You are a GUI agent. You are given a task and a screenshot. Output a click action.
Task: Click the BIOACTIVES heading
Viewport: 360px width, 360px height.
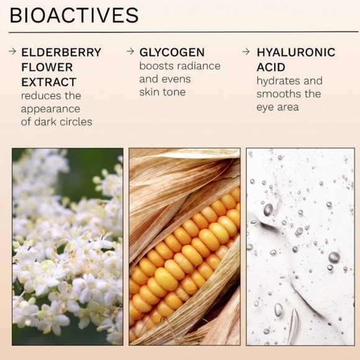tap(74, 15)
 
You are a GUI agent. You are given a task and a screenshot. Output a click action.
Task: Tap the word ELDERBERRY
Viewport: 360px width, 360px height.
tap(61, 52)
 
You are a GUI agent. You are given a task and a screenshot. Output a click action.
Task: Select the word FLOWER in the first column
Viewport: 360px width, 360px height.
tap(47, 67)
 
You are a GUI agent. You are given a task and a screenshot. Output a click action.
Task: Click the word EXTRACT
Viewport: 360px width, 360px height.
tap(48, 82)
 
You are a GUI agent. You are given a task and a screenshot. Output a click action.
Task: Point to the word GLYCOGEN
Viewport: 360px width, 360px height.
tap(172, 52)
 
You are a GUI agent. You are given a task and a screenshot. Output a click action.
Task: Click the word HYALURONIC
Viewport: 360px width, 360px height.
tap(296, 52)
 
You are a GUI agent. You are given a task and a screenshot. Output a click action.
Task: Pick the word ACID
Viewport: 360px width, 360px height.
tap(271, 67)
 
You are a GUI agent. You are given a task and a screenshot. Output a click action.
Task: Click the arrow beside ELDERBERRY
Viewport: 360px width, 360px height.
tap(12, 52)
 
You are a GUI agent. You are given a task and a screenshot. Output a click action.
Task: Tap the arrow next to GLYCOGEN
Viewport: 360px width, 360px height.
tap(130, 51)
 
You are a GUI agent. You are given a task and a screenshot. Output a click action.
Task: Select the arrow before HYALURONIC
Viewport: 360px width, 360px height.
tap(246, 52)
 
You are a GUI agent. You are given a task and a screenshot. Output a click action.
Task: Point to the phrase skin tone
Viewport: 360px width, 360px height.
tap(163, 92)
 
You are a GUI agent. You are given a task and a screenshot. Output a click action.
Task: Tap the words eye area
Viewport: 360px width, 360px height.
tap(277, 107)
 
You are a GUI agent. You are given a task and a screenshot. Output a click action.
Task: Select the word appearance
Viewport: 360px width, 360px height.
tap(50, 109)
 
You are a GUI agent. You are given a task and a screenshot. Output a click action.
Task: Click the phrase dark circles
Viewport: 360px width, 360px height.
tap(63, 122)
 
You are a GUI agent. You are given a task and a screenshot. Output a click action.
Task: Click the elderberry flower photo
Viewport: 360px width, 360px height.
tap(68, 246)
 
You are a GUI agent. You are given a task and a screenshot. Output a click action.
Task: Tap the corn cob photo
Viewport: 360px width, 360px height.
tap(184, 246)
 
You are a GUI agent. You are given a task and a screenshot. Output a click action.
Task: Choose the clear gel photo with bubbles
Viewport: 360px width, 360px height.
tap(300, 246)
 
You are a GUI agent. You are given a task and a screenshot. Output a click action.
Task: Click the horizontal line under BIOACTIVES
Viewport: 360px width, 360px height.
tap(184, 32)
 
